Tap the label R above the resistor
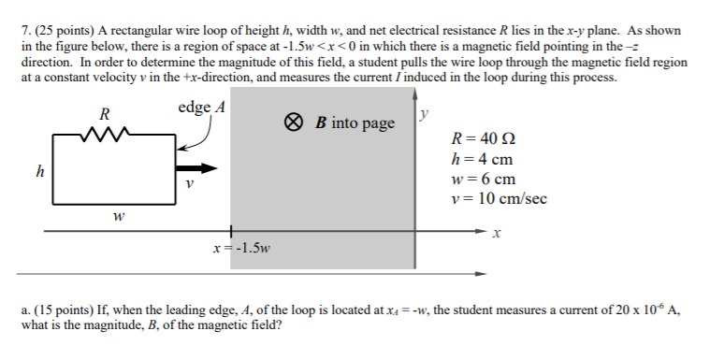click(x=105, y=114)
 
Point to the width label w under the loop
click(x=115, y=218)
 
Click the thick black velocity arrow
click(x=196, y=169)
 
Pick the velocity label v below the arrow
click(x=190, y=184)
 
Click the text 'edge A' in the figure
click(x=201, y=107)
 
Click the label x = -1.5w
click(x=241, y=249)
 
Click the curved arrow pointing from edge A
click(x=200, y=137)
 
